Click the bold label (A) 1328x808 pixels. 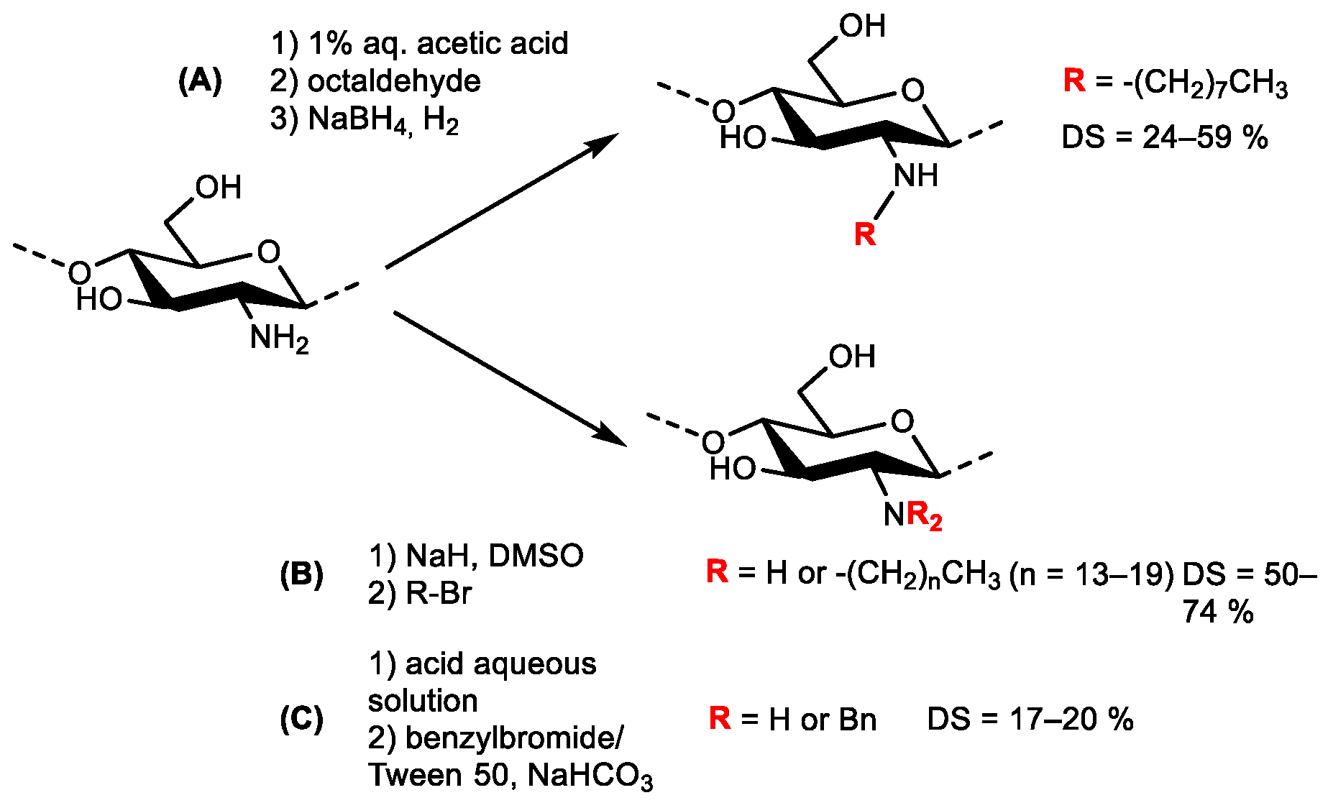[200, 81]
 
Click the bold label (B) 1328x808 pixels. [301, 574]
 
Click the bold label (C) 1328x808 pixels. [301, 719]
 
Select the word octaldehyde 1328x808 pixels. [394, 81]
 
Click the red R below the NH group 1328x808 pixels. [865, 234]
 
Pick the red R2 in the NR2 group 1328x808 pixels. [925, 516]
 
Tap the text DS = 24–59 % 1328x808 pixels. [1164, 137]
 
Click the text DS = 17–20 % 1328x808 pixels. [1030, 719]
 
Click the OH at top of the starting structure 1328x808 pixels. [218, 188]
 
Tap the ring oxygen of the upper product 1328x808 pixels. [912, 91]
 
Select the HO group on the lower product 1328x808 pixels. [733, 469]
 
